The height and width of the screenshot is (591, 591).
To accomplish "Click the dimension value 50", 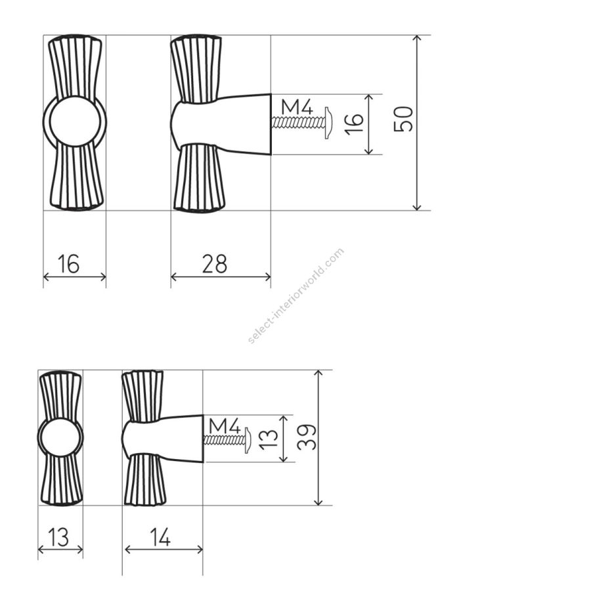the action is (403, 119).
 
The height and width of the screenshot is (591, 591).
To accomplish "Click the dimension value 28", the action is (215, 264).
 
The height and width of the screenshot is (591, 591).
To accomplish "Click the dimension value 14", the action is (160, 537).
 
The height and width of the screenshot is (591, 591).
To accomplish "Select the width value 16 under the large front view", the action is (68, 264).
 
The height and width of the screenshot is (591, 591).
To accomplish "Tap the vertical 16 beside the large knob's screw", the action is (355, 124).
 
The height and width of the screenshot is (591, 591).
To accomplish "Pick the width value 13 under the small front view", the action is (59, 537).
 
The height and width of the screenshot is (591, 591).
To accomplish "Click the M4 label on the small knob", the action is (225, 426).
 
